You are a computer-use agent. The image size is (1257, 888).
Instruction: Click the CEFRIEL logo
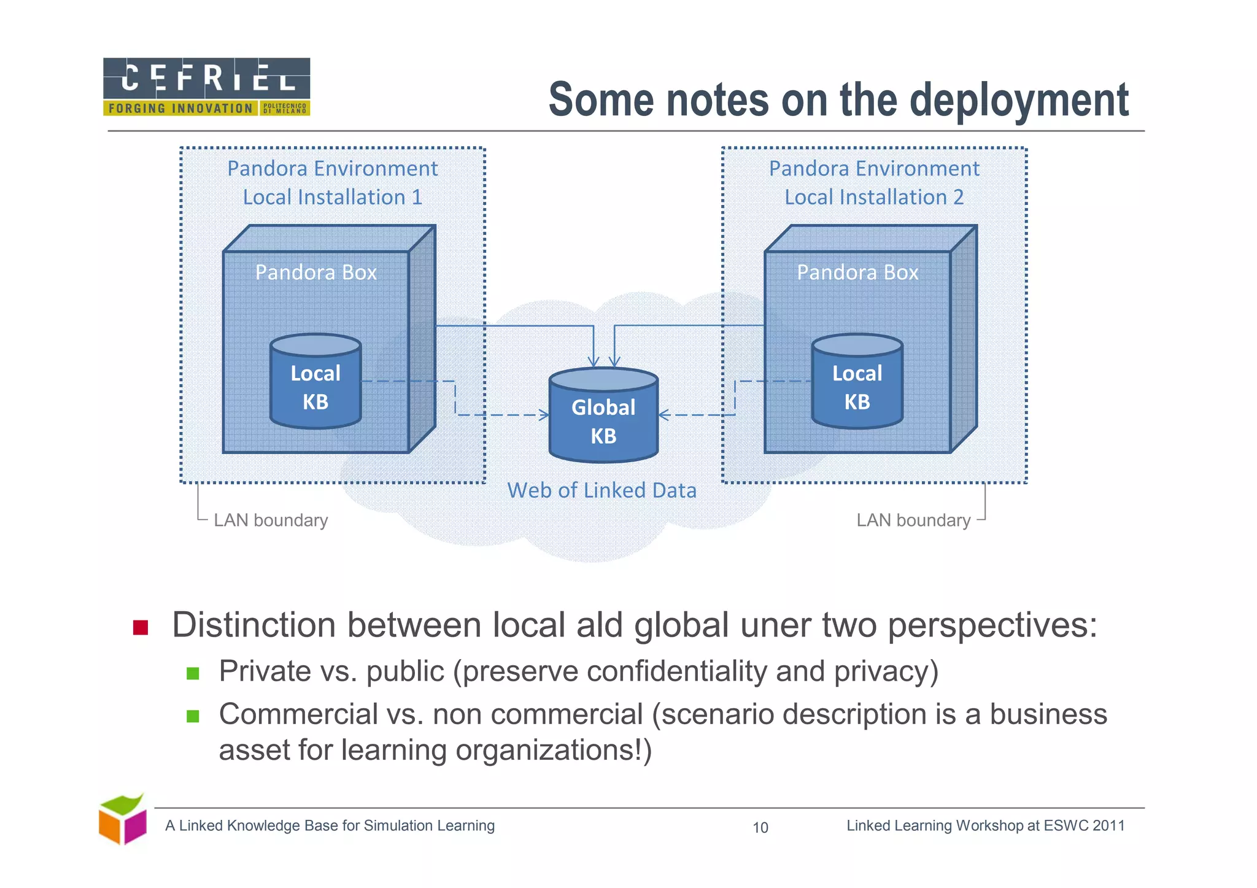pos(206,87)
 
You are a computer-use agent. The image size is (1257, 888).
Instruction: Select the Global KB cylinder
pos(603,416)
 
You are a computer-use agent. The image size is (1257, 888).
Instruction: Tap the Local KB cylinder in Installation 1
pos(315,382)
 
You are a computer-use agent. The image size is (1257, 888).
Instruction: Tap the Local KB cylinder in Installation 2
pos(857,382)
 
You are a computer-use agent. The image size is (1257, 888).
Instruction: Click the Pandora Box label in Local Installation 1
pos(315,272)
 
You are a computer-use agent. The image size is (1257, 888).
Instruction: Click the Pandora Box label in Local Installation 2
pos(857,272)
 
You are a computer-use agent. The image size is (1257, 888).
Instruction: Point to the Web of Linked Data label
pos(601,490)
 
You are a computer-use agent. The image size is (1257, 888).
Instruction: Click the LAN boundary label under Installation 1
pos(271,520)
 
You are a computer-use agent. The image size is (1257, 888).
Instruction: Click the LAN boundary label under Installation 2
pos(913,520)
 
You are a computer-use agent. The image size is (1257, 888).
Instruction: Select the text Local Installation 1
pos(332,197)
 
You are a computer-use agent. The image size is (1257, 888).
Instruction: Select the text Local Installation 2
pos(874,197)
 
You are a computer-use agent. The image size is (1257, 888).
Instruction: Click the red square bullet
pos(141,627)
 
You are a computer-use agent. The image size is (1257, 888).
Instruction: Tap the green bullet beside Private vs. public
pos(193,673)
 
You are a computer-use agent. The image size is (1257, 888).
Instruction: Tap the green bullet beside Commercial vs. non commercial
pos(193,716)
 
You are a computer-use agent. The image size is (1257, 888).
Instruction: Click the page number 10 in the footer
pos(760,828)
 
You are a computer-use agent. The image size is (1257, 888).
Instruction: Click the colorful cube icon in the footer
pos(123,820)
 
